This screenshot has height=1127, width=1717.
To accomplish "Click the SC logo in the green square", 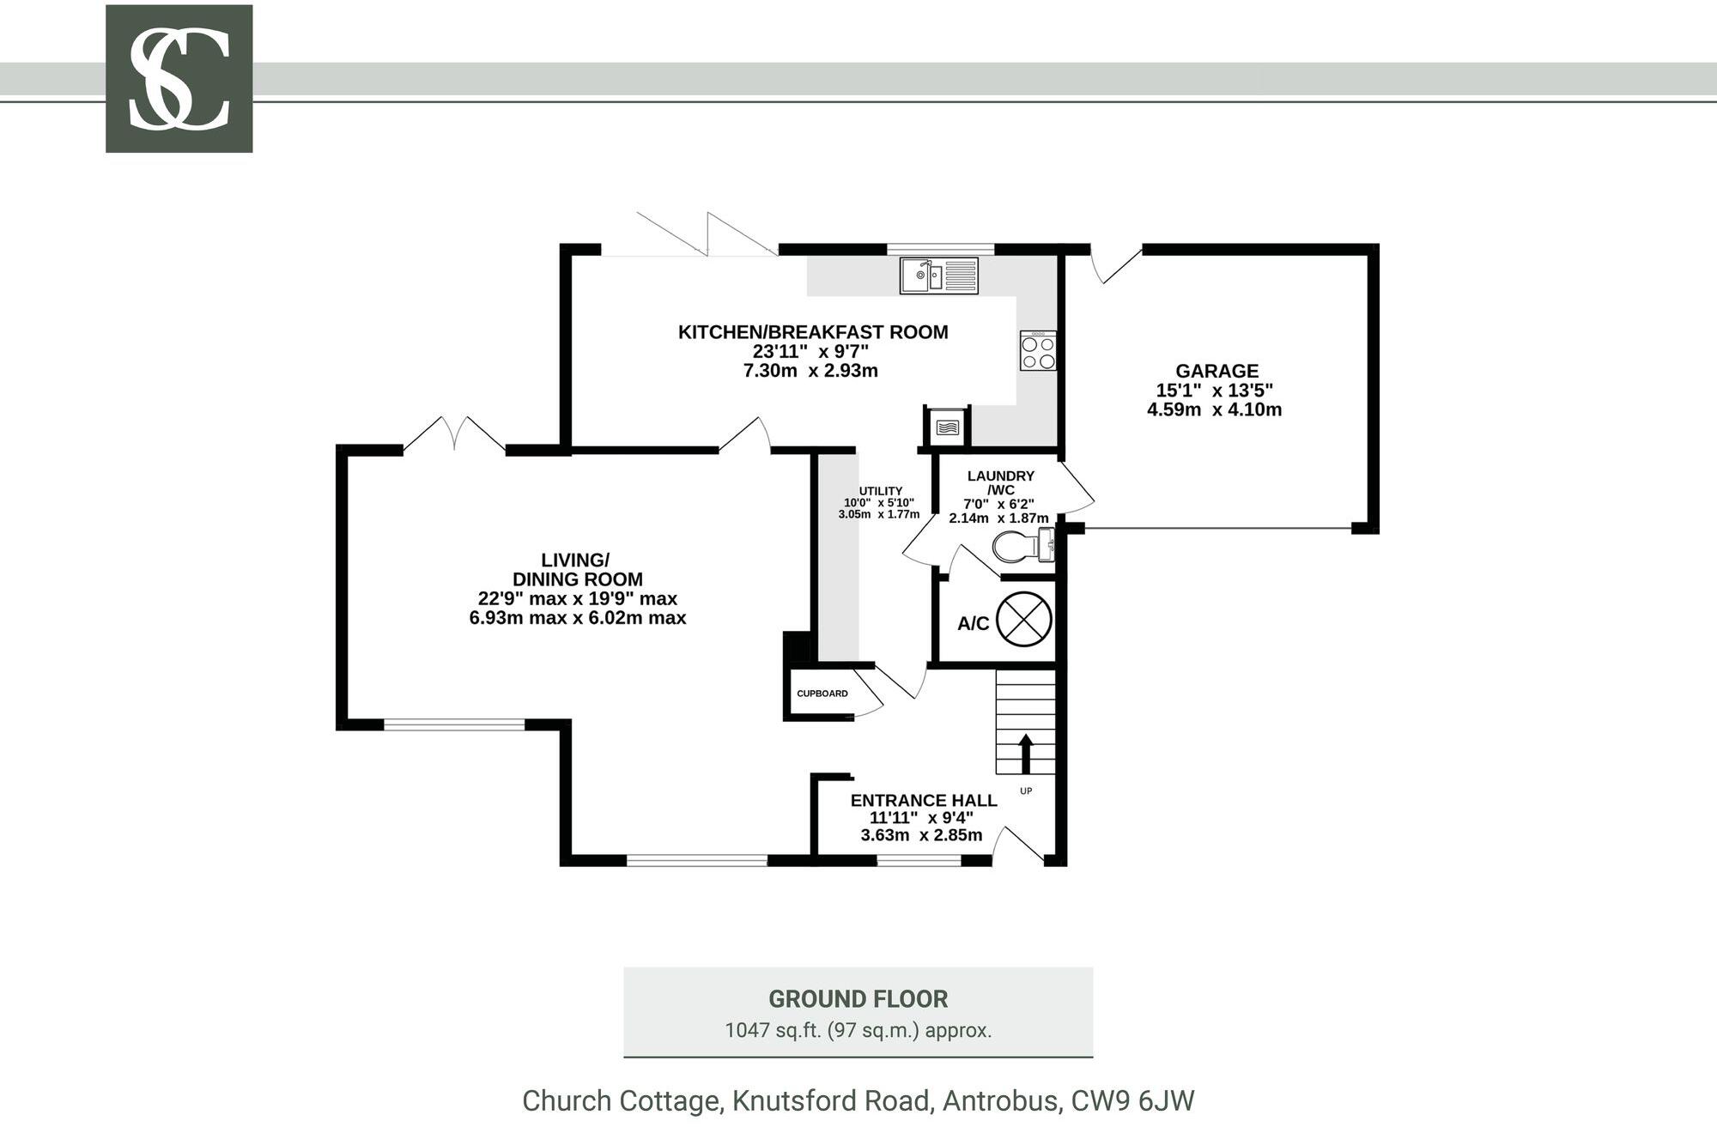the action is pyautogui.click(x=179, y=79).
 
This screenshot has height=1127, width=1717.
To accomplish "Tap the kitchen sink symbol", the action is pyautogui.click(x=938, y=276).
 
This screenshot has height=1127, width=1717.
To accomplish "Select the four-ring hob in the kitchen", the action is pyautogui.click(x=1038, y=351).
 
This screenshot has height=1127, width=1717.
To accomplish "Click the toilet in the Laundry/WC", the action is pyautogui.click(x=1022, y=546).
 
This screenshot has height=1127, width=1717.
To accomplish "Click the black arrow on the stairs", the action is pyautogui.click(x=1025, y=753).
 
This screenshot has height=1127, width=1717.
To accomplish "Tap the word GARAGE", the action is pyautogui.click(x=1216, y=371).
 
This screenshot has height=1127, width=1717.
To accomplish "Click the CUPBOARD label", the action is pyautogui.click(x=822, y=694).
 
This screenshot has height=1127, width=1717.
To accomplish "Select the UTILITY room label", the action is pyautogui.click(x=880, y=491).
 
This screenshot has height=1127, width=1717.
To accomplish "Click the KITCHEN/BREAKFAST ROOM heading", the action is pyautogui.click(x=812, y=332).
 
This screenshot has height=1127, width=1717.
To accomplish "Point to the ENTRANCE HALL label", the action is pyautogui.click(x=923, y=800).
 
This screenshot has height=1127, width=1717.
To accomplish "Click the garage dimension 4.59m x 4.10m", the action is pyautogui.click(x=1214, y=409).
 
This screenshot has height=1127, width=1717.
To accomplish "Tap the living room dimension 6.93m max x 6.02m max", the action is pyautogui.click(x=577, y=618).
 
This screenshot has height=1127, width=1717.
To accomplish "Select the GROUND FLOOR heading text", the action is pyautogui.click(x=858, y=999).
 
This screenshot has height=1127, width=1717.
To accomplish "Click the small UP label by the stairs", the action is pyautogui.click(x=1026, y=791).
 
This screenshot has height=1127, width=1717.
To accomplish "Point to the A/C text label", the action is pyautogui.click(x=973, y=624).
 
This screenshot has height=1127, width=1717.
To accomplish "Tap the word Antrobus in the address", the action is pyautogui.click(x=999, y=1100).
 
